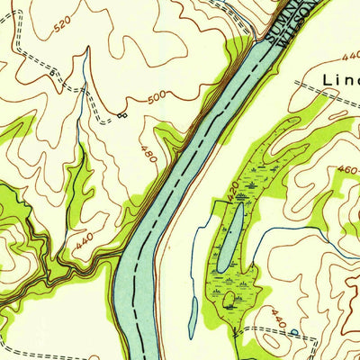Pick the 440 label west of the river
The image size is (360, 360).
click(85, 240)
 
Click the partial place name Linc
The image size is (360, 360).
click(340, 80)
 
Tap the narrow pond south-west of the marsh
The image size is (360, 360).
click(193, 315)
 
